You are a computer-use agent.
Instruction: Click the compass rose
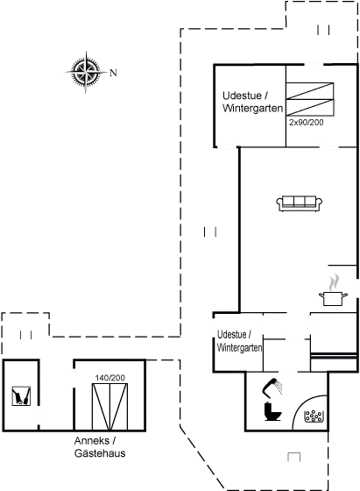pos(85,72)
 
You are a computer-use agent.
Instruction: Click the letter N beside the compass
pos(113,72)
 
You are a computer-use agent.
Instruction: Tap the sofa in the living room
pos(296,203)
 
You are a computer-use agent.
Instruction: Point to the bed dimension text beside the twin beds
pos(307,124)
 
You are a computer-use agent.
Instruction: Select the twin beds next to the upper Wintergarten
pos(312,102)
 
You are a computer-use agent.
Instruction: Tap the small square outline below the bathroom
pos(293,456)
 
